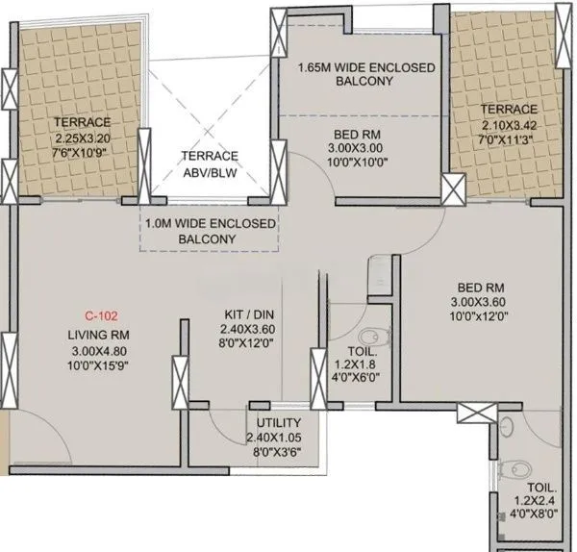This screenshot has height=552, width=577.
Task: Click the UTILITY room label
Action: tap(279, 423)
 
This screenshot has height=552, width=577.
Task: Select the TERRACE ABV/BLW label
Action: tap(211, 164)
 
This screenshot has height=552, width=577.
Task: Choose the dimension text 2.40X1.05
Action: tap(279, 439)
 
